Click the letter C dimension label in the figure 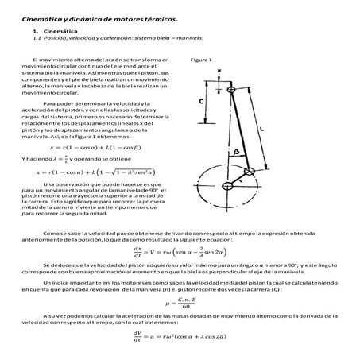pyautogui.click(x=201, y=103)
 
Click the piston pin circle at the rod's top pyautogui.click(x=230, y=91)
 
